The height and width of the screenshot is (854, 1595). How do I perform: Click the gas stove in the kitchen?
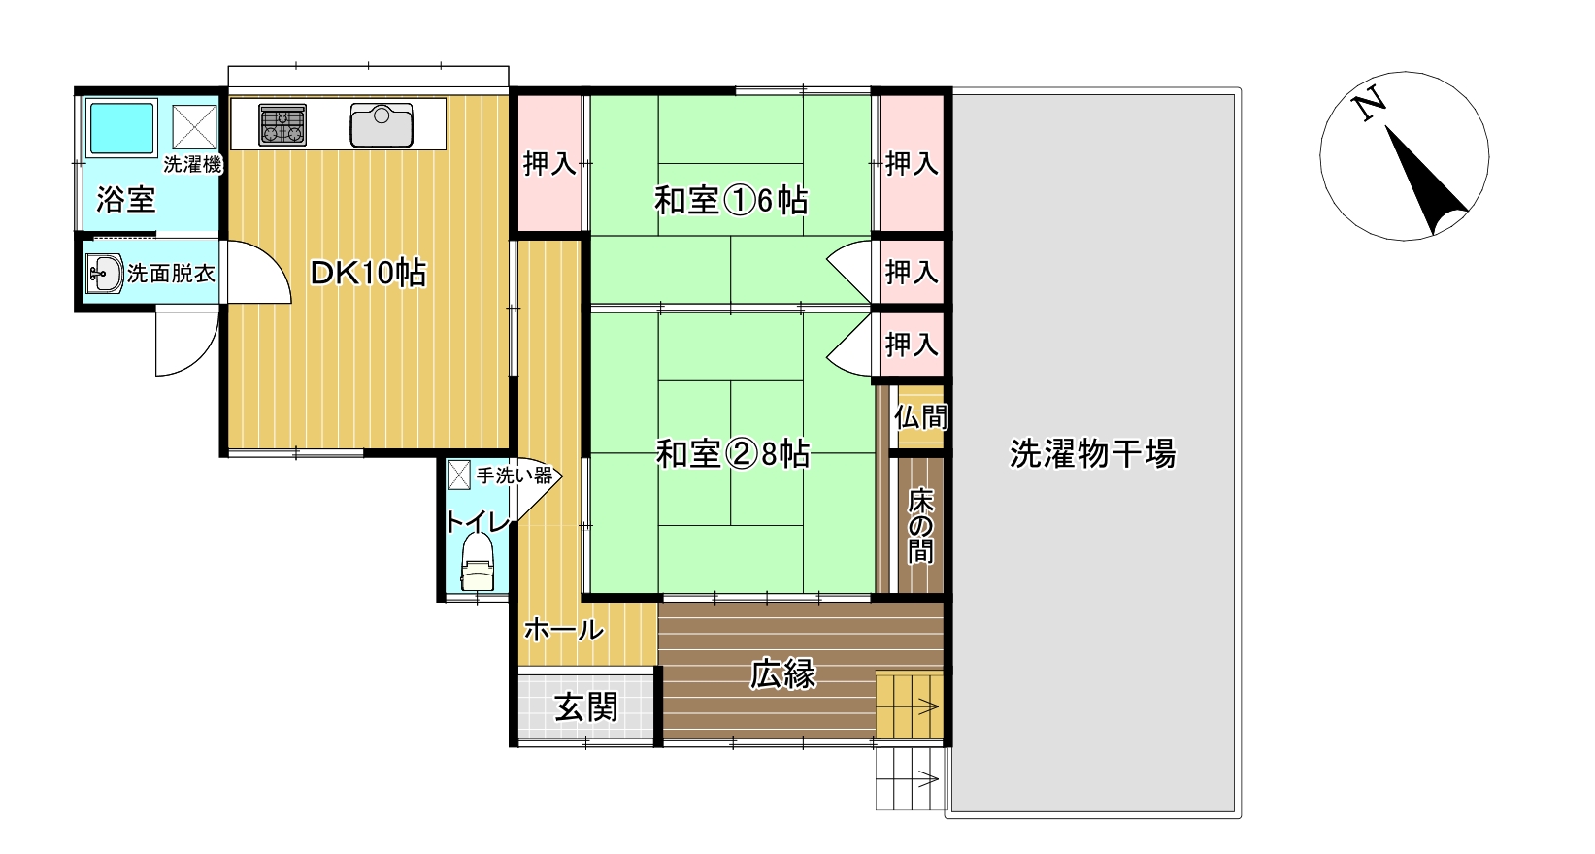coord(282,124)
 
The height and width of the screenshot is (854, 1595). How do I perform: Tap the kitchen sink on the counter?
coord(382,125)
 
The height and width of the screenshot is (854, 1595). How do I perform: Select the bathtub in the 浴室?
coord(121,127)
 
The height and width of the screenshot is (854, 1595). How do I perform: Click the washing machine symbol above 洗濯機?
coord(194,127)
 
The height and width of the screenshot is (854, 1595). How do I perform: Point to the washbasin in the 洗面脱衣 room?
coord(105,273)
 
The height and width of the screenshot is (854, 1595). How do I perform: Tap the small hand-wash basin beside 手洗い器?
coord(458,475)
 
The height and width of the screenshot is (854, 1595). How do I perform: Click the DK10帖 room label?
coord(368,274)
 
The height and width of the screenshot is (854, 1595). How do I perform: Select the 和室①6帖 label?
coord(731,200)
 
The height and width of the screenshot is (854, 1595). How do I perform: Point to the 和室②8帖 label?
coord(733,453)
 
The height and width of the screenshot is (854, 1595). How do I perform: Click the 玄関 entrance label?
coord(586,707)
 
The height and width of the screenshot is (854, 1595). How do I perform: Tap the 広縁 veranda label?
coord(782,673)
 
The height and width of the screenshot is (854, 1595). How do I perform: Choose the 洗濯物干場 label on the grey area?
coord(1092,453)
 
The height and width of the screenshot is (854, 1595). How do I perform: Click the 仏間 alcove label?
coord(920,416)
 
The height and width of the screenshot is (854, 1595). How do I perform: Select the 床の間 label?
coord(920,526)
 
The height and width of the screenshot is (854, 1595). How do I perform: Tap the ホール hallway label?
coord(564,630)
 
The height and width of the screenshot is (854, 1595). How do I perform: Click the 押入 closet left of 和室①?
coord(549,164)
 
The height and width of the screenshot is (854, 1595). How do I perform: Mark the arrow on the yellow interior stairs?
coord(928,706)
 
